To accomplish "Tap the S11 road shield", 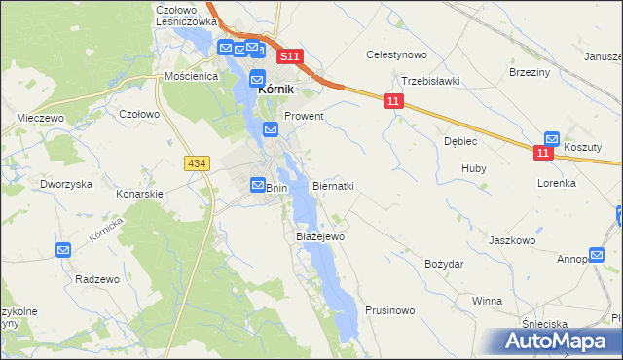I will pyautogui.click(x=291, y=57).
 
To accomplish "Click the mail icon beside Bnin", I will pyautogui.click(x=258, y=184).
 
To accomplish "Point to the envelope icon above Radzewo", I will pyautogui.click(x=63, y=250).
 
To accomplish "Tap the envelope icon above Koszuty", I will pyautogui.click(x=552, y=139).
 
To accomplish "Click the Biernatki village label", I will pyautogui.click(x=333, y=185).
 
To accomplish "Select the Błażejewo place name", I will pyautogui.click(x=319, y=235).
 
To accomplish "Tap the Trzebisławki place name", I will pyautogui.click(x=430, y=81).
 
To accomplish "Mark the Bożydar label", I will pyautogui.click(x=444, y=264).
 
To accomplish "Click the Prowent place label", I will pyautogui.click(x=304, y=115).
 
